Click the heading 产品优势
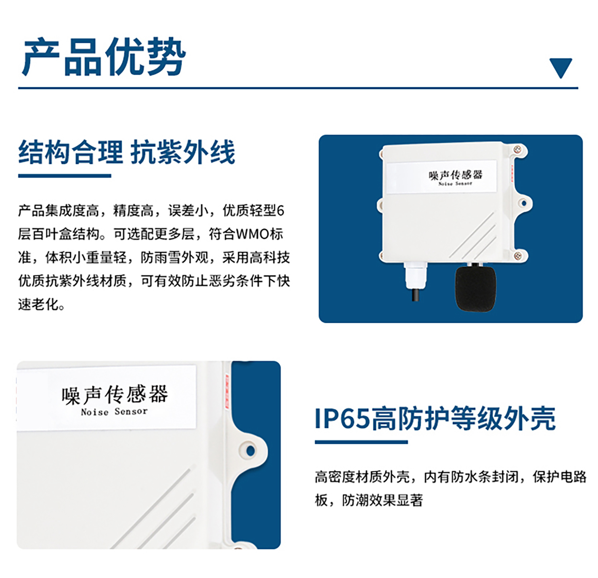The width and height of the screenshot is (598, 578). click(104, 57)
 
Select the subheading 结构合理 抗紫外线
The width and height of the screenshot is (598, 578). click(126, 152)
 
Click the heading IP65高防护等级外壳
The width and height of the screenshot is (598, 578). click(435, 418)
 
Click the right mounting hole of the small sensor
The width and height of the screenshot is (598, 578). click(524, 203)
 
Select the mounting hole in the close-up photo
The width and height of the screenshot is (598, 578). click(251, 451)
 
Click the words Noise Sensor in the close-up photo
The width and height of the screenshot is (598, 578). click(114, 412)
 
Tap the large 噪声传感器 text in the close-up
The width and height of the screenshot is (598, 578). click(115, 395)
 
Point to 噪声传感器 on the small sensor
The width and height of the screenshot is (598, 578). click(455, 175)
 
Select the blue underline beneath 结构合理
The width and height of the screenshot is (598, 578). click(65, 176)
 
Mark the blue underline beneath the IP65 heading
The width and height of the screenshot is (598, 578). click(361, 442)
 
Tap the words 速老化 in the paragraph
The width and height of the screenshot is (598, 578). click(38, 304)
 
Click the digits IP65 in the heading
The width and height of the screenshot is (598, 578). click(342, 419)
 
